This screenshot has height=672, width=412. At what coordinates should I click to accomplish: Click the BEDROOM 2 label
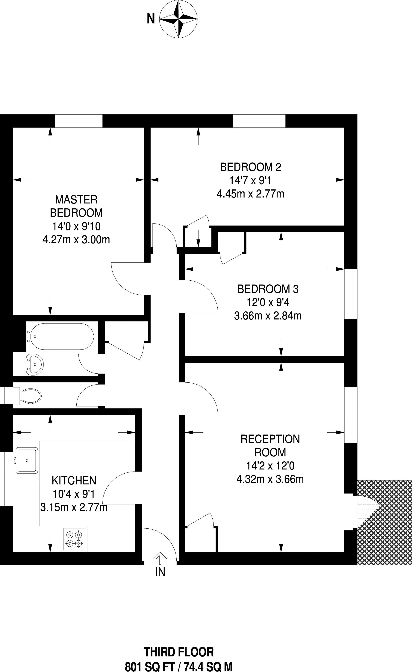(250, 167)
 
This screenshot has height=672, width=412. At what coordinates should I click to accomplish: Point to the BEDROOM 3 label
(268, 289)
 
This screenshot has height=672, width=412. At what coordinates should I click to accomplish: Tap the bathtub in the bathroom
(62, 337)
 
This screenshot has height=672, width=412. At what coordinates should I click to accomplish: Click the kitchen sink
(27, 461)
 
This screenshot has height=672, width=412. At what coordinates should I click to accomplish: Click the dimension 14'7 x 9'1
(250, 180)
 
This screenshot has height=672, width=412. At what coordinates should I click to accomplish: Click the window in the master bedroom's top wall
(79, 121)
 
